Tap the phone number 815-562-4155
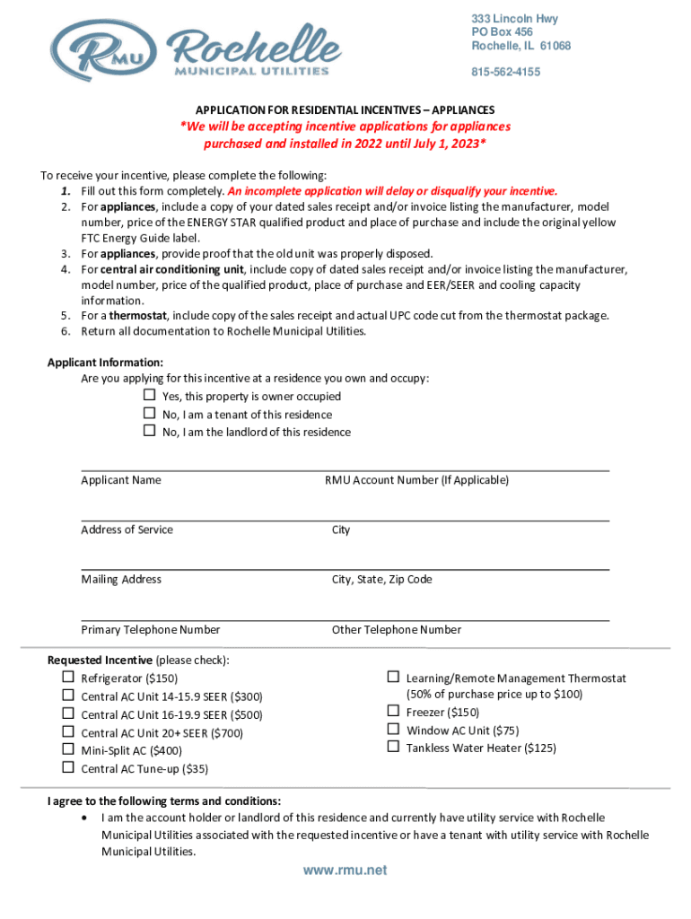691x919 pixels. pyautogui.click(x=506, y=73)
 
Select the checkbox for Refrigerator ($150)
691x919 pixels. pyautogui.click(x=67, y=678)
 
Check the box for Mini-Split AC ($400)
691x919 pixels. pyautogui.click(x=67, y=749)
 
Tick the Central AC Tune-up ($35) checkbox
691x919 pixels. pyautogui.click(x=67, y=767)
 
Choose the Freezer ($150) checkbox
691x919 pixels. pyautogui.click(x=393, y=712)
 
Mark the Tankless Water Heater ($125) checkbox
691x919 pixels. pyautogui.click(x=393, y=747)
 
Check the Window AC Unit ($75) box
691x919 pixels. pyautogui.click(x=393, y=730)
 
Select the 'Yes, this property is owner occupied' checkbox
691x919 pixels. pyautogui.click(x=150, y=396)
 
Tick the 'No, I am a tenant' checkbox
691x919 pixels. pyautogui.click(x=150, y=414)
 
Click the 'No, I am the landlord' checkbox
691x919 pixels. pyautogui.click(x=150, y=432)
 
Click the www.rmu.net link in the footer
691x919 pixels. pyautogui.click(x=345, y=871)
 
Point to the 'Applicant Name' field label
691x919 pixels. pyautogui.click(x=121, y=480)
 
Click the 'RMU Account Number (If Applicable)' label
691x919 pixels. pyautogui.click(x=416, y=480)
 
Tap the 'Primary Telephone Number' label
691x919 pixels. pyautogui.click(x=151, y=630)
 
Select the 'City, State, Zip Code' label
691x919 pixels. pyautogui.click(x=382, y=580)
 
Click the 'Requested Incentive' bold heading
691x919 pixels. pyautogui.click(x=101, y=661)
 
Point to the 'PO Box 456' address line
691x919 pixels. pyautogui.click(x=503, y=32)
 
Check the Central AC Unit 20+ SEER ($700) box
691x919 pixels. pyautogui.click(x=67, y=731)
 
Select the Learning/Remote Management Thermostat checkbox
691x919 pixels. pyautogui.click(x=393, y=678)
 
